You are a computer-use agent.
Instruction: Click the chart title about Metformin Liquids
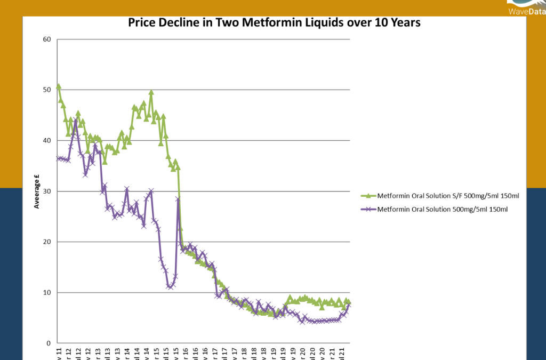click(x=274, y=23)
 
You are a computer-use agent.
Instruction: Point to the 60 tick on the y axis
click(x=47, y=39)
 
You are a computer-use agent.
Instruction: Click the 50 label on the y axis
click(x=47, y=90)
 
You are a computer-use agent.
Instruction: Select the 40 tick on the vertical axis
click(x=47, y=141)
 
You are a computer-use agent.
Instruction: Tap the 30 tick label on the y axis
click(x=47, y=191)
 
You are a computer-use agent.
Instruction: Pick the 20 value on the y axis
click(x=47, y=242)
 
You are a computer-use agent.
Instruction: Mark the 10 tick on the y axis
click(x=47, y=293)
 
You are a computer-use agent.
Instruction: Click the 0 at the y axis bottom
click(x=49, y=343)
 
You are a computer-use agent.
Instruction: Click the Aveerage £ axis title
click(x=37, y=190)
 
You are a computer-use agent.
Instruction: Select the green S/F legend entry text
click(x=448, y=196)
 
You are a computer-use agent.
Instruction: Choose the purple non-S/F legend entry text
click(x=442, y=210)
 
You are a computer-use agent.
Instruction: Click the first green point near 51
click(x=58, y=86)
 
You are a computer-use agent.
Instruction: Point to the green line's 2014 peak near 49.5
click(x=151, y=92)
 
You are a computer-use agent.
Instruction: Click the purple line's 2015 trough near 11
click(x=170, y=287)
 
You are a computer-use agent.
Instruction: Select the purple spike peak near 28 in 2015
click(x=178, y=199)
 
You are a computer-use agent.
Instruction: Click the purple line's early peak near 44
click(x=75, y=121)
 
